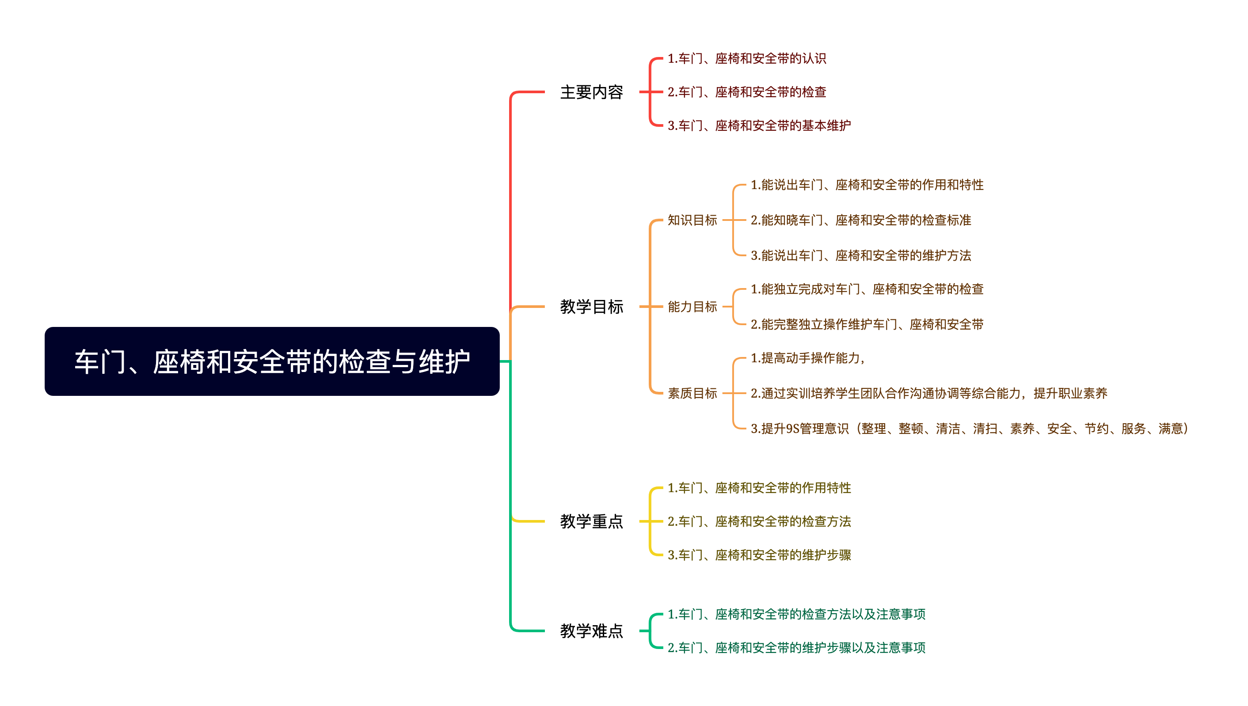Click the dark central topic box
tap(272, 361)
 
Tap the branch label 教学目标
tap(591, 307)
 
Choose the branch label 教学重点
tap(591, 521)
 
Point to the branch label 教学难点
tap(591, 631)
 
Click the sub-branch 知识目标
tap(692, 220)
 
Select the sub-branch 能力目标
tap(692, 307)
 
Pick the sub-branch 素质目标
tap(692, 393)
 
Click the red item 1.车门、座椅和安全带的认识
tap(746, 58)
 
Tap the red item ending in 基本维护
tap(759, 125)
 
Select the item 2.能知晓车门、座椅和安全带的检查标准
tap(860, 220)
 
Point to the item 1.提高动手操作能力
tap(807, 358)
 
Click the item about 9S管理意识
tap(969, 429)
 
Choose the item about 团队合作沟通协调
tap(929, 393)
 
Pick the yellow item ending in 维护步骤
tap(759, 555)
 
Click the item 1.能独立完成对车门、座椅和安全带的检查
tap(867, 289)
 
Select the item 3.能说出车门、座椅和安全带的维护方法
tap(860, 255)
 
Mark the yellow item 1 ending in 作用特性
tap(759, 488)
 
